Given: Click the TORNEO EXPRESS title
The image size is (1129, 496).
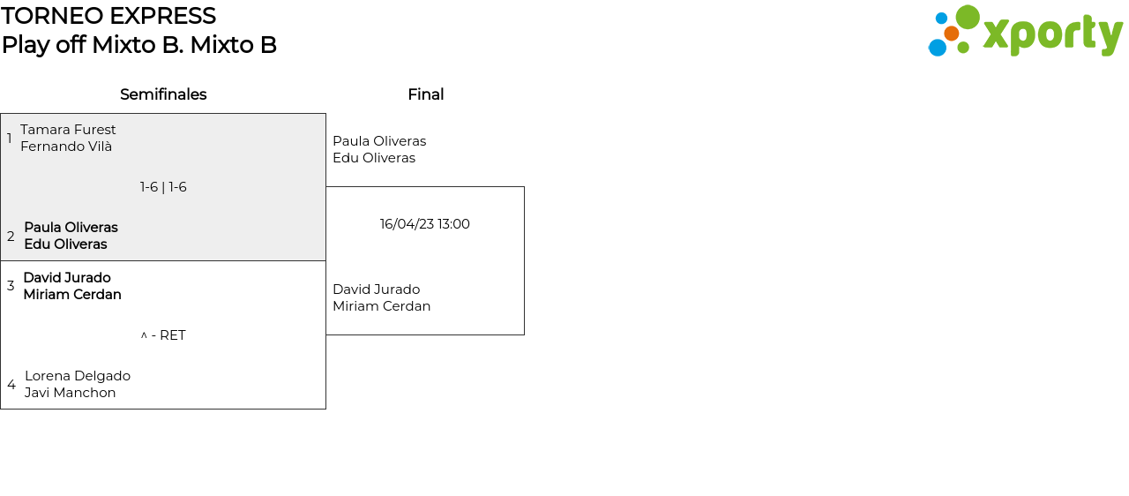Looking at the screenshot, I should click(x=108, y=16).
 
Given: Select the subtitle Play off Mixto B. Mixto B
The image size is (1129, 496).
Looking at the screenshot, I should click(x=139, y=45).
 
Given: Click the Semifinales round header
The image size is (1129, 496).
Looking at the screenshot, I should click(x=163, y=94).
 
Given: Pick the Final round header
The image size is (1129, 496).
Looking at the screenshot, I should click(x=425, y=94).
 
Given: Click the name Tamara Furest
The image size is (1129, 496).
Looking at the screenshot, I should click(x=68, y=130).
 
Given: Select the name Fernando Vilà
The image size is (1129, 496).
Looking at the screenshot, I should click(x=66, y=147).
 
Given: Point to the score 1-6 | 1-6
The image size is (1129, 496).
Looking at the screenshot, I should click(x=163, y=187).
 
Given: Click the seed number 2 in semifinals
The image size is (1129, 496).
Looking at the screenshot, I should click(x=11, y=237).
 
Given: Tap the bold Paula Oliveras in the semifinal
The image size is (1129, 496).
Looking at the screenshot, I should click(x=71, y=228).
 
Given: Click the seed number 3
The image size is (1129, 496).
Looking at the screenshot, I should click(x=11, y=286).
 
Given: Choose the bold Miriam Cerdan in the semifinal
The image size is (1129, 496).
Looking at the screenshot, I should click(x=72, y=295).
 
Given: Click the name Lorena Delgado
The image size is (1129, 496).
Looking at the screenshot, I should click(x=78, y=376).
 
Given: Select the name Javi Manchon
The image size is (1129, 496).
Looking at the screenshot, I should click(x=71, y=393).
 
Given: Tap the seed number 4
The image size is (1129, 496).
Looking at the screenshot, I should click(x=11, y=385).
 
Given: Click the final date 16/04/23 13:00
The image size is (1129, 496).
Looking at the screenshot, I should click(x=425, y=224).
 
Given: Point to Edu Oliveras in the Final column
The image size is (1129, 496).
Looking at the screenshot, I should click(x=374, y=158).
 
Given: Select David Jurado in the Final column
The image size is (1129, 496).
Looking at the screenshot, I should click(x=376, y=289).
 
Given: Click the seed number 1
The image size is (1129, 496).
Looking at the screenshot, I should click(x=10, y=139).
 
